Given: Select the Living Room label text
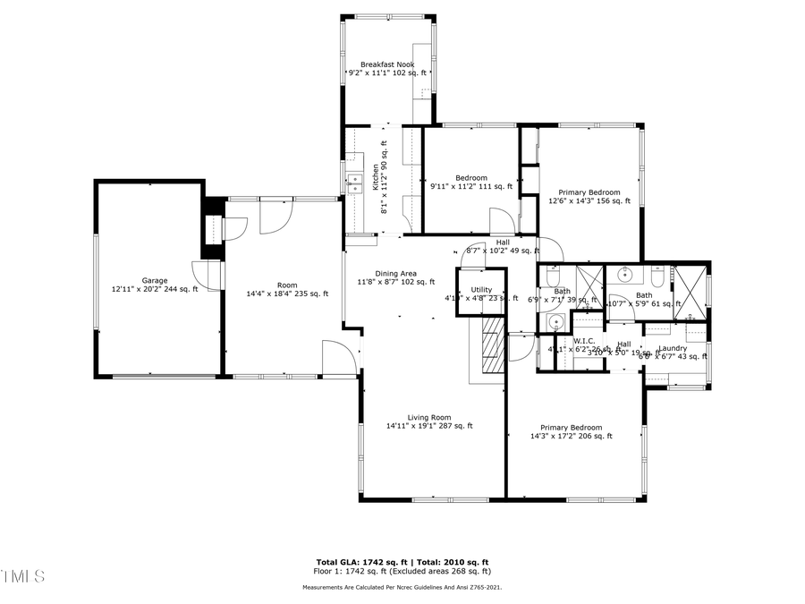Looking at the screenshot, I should pyautogui.click(x=429, y=417).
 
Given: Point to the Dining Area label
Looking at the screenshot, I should pyautogui.click(x=395, y=274).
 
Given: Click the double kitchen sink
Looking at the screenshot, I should pyautogui.click(x=354, y=183).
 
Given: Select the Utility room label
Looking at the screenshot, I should pyautogui.click(x=481, y=290).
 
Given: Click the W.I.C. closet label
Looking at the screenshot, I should pyautogui.click(x=584, y=341).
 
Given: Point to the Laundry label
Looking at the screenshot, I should pyautogui.click(x=672, y=348).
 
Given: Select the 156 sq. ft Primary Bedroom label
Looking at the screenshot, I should pyautogui.click(x=589, y=192).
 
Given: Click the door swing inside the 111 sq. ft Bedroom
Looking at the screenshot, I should pyautogui.click(x=500, y=220).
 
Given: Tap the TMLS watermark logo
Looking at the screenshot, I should pyautogui.click(x=22, y=575).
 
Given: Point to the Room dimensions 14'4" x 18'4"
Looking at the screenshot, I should pyautogui.click(x=275, y=293).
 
